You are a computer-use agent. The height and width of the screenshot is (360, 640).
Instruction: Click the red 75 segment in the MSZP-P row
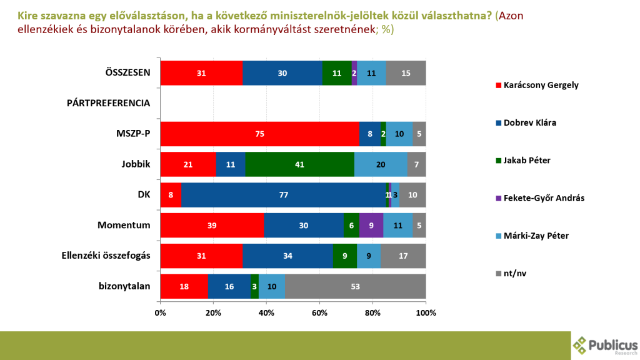(x=259, y=134)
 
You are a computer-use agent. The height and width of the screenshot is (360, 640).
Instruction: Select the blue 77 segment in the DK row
(x=283, y=195)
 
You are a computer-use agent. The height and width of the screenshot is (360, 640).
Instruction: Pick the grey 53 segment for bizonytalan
(x=355, y=286)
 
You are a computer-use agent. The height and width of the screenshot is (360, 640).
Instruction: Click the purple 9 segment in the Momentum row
(x=371, y=226)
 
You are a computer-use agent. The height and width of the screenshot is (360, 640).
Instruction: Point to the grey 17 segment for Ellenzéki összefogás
(x=403, y=256)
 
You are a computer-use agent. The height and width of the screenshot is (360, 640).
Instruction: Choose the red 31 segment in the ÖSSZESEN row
(x=201, y=72)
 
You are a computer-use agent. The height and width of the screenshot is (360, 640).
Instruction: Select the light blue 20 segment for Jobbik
(x=381, y=164)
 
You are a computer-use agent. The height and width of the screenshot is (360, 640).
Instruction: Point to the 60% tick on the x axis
(x=319, y=312)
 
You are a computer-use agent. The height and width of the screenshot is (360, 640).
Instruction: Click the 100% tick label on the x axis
(x=426, y=312)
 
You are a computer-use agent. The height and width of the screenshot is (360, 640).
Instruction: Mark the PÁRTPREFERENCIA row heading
(x=108, y=102)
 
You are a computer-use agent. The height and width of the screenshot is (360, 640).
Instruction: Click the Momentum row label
(x=124, y=225)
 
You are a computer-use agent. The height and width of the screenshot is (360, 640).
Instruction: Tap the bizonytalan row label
(x=124, y=286)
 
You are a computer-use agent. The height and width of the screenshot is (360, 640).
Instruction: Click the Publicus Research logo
(x=605, y=344)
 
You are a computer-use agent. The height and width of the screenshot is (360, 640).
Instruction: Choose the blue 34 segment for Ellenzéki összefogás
(x=287, y=256)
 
